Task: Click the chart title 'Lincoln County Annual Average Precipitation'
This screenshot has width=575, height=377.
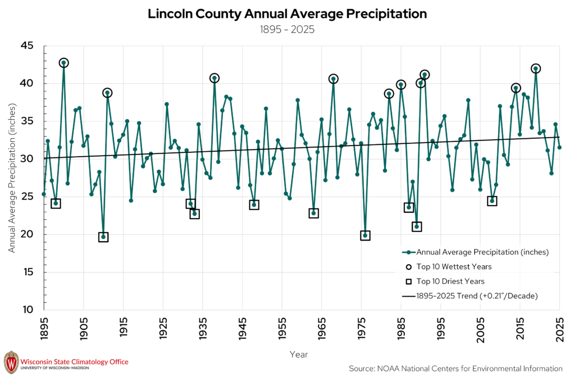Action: [x=287, y=13]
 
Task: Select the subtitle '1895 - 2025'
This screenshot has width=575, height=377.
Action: [x=287, y=29]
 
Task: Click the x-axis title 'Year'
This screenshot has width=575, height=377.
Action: [x=299, y=355]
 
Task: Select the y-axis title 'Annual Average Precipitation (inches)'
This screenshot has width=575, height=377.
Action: [x=12, y=178]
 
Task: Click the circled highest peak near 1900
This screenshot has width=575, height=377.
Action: [x=64, y=63]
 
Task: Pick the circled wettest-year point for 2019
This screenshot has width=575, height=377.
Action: [x=536, y=69]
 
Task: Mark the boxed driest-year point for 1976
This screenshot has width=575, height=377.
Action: [x=365, y=235]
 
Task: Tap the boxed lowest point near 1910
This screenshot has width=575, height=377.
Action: [x=103, y=237]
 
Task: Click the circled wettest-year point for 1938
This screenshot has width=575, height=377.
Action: [x=215, y=78]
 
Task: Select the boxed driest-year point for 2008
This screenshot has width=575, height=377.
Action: [x=492, y=201]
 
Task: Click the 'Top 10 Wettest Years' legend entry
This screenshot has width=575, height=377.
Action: [x=449, y=267]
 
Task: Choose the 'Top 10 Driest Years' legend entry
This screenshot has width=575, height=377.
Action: [x=445, y=281]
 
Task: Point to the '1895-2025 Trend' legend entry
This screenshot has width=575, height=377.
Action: [x=470, y=296]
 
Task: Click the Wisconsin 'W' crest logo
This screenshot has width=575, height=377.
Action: [x=11, y=362]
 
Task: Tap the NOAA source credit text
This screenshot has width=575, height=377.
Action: [x=455, y=369]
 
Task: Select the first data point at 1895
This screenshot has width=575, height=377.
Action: [x=44, y=194]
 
